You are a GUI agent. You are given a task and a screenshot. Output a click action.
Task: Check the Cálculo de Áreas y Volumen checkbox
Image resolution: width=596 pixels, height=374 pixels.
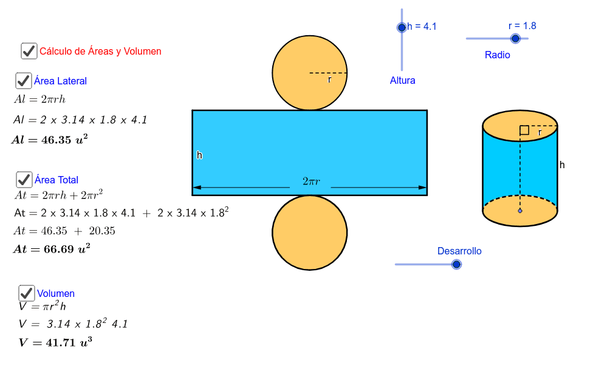[x=29, y=51]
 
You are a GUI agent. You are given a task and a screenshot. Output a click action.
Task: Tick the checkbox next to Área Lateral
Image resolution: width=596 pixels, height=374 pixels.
[x=24, y=81]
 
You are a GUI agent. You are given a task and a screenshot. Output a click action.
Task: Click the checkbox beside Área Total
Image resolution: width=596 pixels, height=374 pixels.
[x=24, y=180]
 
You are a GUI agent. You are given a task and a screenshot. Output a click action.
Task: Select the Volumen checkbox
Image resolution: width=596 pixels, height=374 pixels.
[x=26, y=293]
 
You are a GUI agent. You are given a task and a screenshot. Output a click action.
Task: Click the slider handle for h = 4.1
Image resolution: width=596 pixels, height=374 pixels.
[x=402, y=27]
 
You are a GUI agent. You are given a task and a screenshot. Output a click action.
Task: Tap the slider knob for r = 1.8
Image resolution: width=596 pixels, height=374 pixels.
[x=515, y=38]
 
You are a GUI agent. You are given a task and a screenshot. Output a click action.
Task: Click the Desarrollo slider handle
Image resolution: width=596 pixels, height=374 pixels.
[x=456, y=264]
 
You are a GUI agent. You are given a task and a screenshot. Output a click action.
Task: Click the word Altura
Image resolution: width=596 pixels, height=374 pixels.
[x=402, y=80]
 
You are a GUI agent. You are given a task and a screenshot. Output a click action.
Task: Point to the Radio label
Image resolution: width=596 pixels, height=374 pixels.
[x=497, y=55]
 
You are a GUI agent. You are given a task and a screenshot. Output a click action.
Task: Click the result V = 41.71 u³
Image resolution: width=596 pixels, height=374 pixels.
[x=55, y=342]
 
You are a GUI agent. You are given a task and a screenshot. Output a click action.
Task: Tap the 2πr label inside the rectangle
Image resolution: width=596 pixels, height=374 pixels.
[x=310, y=182]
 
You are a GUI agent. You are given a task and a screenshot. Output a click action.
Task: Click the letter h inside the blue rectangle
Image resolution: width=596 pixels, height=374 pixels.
[x=199, y=155]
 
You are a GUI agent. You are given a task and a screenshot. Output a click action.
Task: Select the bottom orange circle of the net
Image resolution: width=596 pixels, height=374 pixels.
[x=309, y=232]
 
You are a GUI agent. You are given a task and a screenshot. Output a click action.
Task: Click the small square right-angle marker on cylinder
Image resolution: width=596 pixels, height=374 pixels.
[x=524, y=130]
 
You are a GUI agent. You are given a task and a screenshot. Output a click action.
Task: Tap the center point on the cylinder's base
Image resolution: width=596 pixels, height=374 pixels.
[x=520, y=211]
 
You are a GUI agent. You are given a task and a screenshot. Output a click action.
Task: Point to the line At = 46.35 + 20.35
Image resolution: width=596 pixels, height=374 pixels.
[x=64, y=231]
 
